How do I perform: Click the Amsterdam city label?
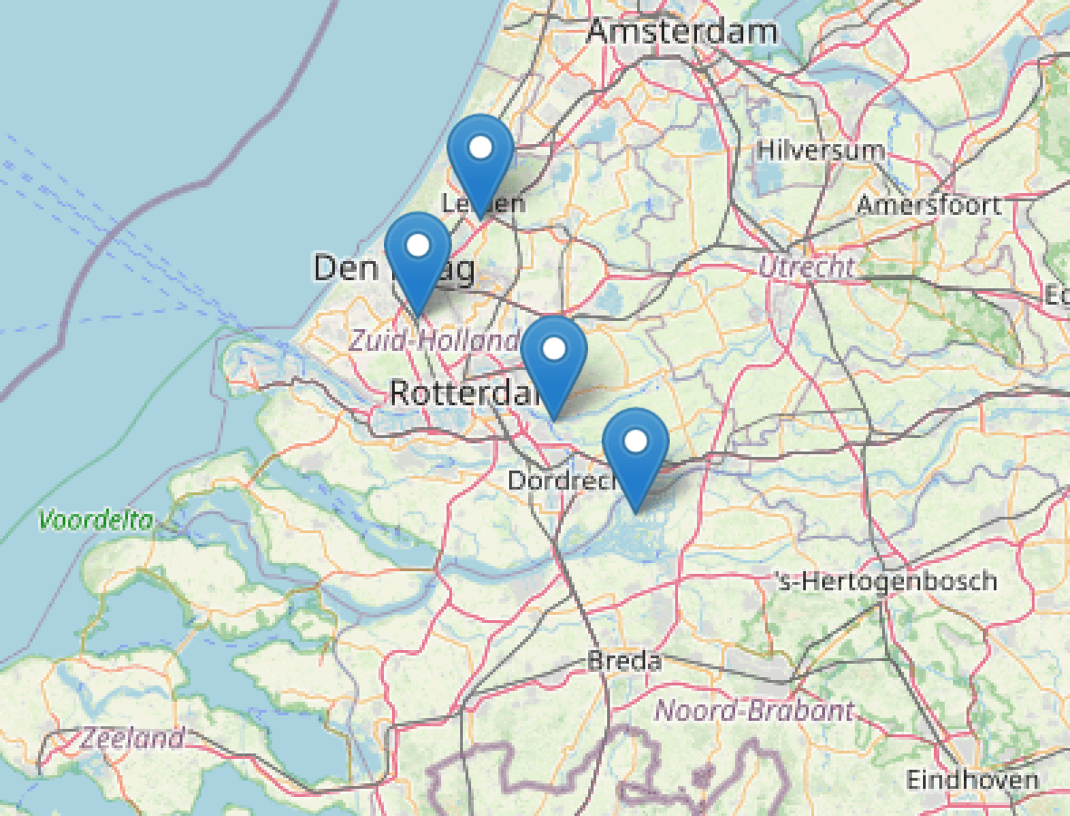tap(682, 31)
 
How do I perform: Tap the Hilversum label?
tap(820, 150)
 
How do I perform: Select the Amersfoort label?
tap(929, 204)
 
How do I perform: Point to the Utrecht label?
tap(807, 267)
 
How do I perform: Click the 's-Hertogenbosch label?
tap(886, 580)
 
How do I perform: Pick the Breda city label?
tap(624, 661)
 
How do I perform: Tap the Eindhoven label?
tap(972, 780)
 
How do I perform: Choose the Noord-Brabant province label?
tap(754, 710)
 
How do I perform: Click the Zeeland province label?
tap(132, 738)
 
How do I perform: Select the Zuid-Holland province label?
tap(434, 341)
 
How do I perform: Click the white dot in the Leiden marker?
tap(481, 147)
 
